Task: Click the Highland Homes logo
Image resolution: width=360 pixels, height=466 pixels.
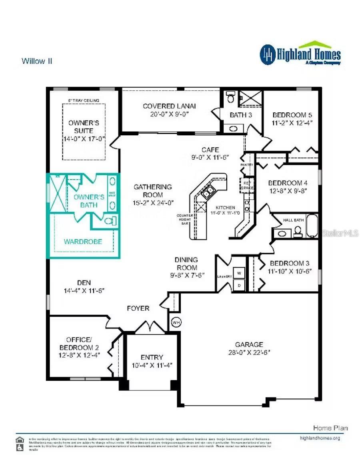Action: tap(300, 54)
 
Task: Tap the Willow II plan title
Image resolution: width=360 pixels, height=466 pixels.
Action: tap(37, 61)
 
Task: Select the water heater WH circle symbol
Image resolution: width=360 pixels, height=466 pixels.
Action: tap(176, 321)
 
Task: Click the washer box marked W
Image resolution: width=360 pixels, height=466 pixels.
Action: tap(239, 273)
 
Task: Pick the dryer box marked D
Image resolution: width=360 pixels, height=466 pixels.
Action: tap(239, 285)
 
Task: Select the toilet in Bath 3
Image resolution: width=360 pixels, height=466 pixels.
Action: tap(230, 97)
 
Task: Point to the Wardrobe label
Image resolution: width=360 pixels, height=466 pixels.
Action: tap(83, 241)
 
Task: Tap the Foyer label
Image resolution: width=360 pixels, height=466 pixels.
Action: tap(138, 308)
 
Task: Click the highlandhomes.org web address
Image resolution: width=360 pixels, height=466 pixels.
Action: tap(320, 438)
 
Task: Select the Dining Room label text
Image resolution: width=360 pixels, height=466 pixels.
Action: tap(186, 263)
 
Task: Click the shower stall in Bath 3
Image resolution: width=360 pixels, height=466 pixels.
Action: tap(250, 98)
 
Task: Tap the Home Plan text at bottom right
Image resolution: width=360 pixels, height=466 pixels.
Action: tap(330, 428)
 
